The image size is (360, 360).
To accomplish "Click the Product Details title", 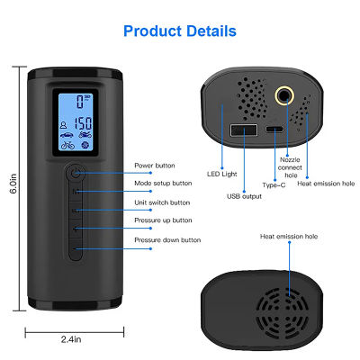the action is (x=180, y=31).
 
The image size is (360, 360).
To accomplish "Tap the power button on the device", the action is (x=75, y=173).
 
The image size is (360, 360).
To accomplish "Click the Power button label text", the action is (x=155, y=166).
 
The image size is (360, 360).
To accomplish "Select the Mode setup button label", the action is (x=163, y=183).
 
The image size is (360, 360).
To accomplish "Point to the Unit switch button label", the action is (x=162, y=202).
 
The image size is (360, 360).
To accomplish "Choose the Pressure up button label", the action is (x=163, y=220).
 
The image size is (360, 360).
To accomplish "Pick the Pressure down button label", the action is (x=167, y=240).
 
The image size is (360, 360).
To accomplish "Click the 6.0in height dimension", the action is (x=13, y=184).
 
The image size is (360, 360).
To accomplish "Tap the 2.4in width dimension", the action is (x=71, y=339).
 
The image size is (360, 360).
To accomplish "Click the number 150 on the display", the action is (x=83, y=123).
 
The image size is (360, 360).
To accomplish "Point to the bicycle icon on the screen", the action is (x=67, y=145).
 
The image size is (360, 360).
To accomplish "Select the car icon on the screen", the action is (x=67, y=135).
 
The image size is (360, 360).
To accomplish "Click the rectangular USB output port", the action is (x=244, y=130).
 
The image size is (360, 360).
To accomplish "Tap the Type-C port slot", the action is (x=274, y=130).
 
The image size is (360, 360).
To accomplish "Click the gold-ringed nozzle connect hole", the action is (x=284, y=95).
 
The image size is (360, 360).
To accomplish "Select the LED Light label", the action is (x=221, y=174).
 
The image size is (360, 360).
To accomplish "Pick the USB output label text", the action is (x=244, y=196).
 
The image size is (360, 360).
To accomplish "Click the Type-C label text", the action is (x=274, y=185).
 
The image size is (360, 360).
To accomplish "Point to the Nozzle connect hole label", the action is (x=290, y=167).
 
